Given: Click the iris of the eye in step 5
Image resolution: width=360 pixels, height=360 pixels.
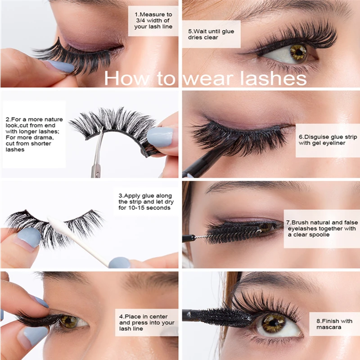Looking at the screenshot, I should [x=298, y=52].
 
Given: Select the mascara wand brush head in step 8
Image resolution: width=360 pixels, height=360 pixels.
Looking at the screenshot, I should [x=225, y=317].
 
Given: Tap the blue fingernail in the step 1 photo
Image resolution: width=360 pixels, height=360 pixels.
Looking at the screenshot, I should [x=61, y=67].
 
